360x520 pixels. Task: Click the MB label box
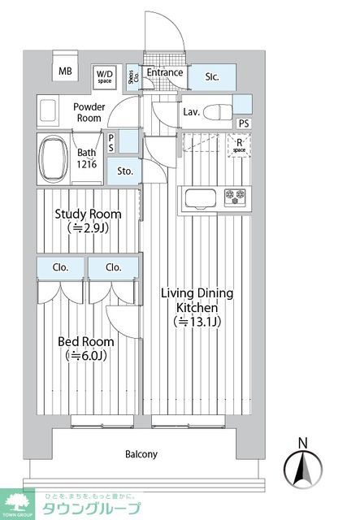(x=65, y=71)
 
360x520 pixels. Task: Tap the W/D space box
(x=105, y=77)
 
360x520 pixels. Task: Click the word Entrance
(x=165, y=72)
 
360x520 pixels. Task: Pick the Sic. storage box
(x=213, y=78)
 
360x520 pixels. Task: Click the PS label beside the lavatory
(x=244, y=123)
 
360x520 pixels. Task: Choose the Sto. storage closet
(x=125, y=171)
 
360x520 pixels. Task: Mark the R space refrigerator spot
(x=239, y=146)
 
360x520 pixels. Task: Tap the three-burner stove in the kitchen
(x=236, y=197)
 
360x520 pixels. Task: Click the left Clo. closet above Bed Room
(x=61, y=267)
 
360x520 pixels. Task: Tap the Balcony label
(x=141, y=454)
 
